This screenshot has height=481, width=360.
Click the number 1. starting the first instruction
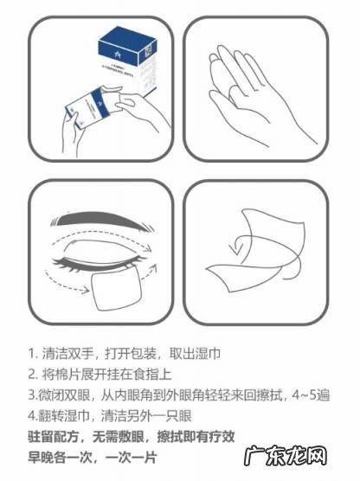pyautogui.click(x=32, y=354)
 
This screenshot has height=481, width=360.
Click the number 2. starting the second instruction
pyautogui.click(x=32, y=374)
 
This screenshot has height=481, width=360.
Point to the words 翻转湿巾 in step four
pyautogui.click(x=61, y=415)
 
